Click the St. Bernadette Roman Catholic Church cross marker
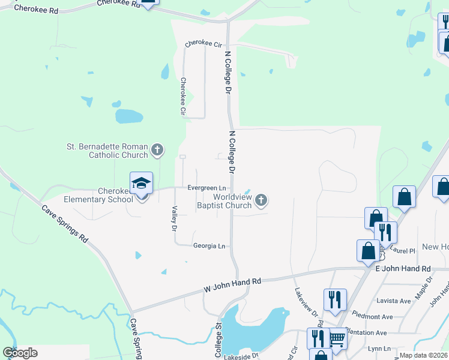157,149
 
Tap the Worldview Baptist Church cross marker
261,200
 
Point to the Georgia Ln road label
209,246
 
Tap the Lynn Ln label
379,348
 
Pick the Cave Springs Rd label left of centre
64,224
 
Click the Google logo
20,352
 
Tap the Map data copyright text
424,355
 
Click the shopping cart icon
337,340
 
